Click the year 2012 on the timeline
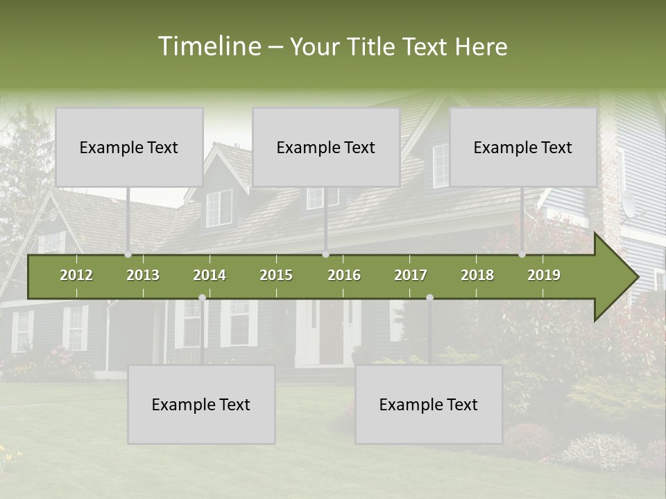click(x=76, y=275)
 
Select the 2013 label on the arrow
click(x=143, y=275)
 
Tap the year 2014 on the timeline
click(x=210, y=275)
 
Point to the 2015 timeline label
click(x=276, y=275)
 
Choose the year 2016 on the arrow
click(x=344, y=275)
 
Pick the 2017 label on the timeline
click(x=411, y=275)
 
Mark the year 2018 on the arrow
click(x=477, y=275)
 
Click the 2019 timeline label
click(x=544, y=275)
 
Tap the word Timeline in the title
click(x=209, y=46)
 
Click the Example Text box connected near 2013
click(x=129, y=147)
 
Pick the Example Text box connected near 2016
click(x=326, y=147)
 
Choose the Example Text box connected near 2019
click(x=523, y=147)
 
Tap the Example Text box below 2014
click(x=201, y=404)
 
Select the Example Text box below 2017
click(x=429, y=404)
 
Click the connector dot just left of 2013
click(x=128, y=254)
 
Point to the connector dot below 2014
click(x=202, y=298)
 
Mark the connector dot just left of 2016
click(x=325, y=254)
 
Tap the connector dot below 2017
click(x=429, y=298)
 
